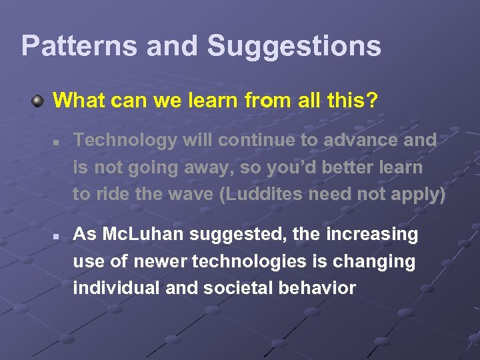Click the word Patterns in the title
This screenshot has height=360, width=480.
78,46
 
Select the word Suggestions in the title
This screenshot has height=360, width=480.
294,46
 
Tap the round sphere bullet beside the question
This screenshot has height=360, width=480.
39,101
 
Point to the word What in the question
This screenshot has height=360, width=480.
77,101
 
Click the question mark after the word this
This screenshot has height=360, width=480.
372,101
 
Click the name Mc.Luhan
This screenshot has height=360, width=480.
141,235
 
